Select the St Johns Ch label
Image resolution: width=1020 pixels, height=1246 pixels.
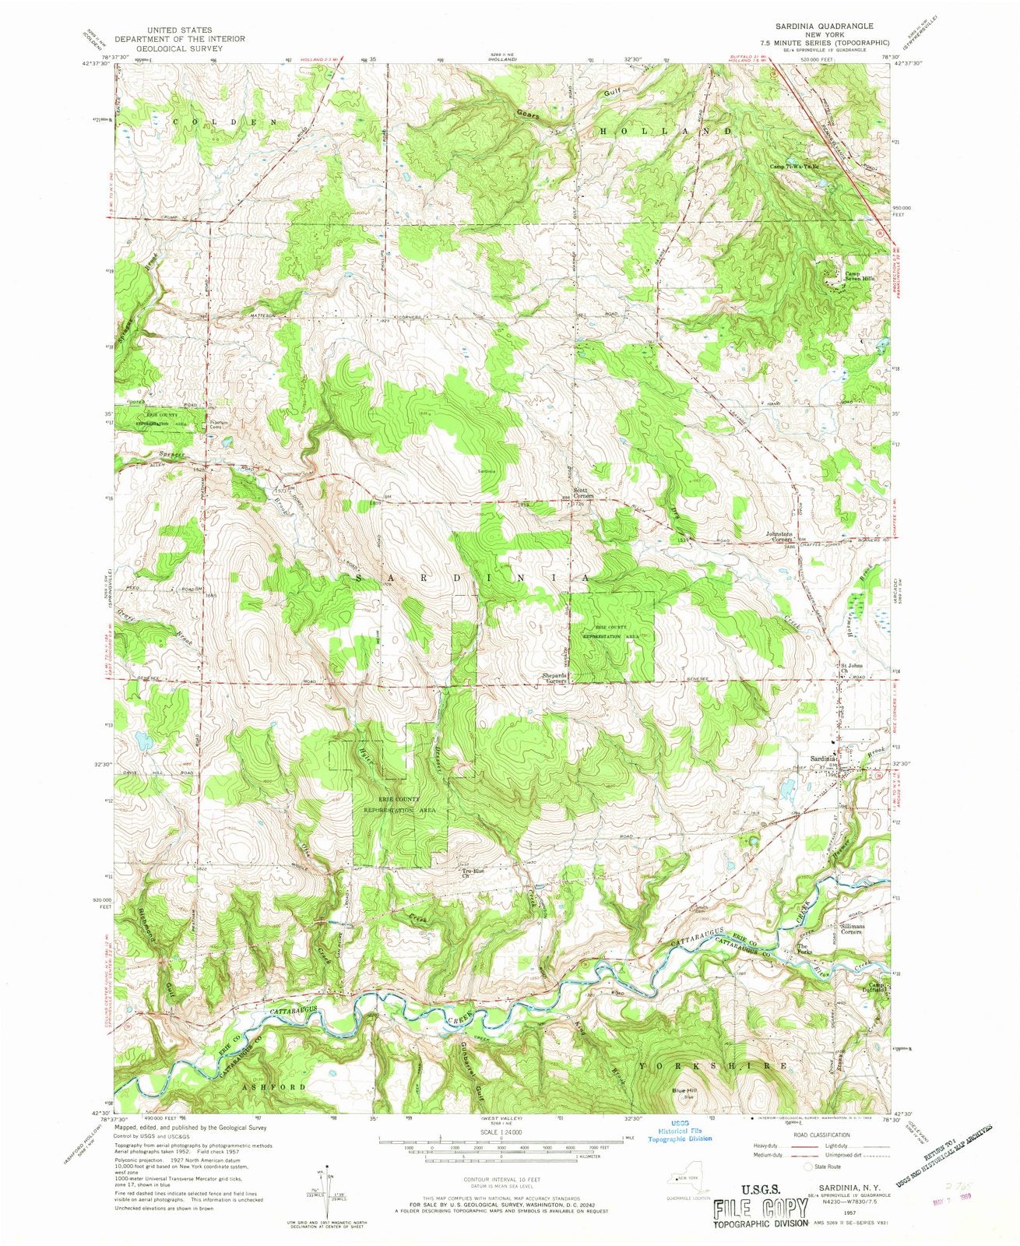(x=851, y=667)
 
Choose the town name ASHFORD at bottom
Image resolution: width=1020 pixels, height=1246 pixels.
(x=273, y=1086)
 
